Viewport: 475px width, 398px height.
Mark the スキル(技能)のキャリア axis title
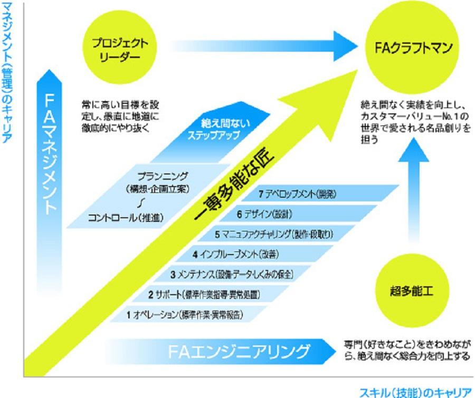(x=414, y=392)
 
